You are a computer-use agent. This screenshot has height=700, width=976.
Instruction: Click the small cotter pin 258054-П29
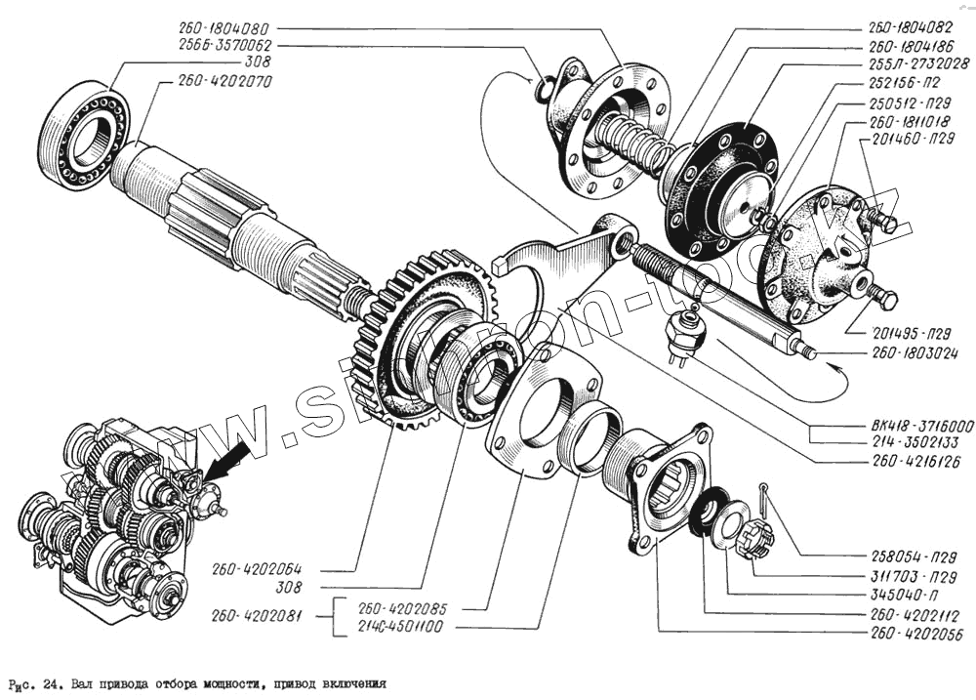[x=767, y=504]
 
